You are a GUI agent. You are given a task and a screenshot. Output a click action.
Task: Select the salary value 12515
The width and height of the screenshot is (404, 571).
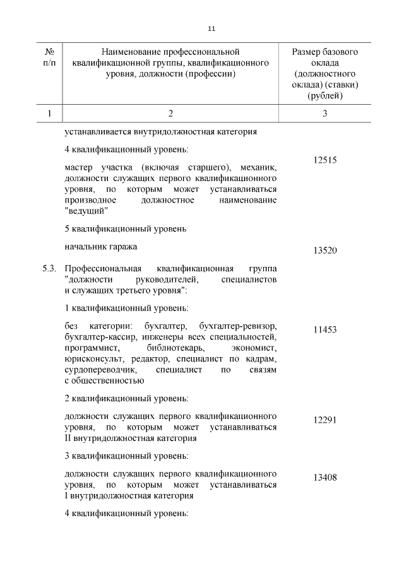point(325,160)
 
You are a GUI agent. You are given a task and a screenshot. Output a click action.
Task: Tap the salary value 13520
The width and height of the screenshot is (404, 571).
point(325,250)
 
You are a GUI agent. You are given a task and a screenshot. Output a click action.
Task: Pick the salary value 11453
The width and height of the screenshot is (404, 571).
point(325,329)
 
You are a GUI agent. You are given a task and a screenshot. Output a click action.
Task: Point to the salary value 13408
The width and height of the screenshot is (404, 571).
point(325,478)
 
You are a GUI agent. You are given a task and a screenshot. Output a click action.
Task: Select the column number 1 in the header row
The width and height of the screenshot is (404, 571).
point(49,114)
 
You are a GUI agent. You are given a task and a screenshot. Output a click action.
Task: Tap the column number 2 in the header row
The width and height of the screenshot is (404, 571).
point(170,114)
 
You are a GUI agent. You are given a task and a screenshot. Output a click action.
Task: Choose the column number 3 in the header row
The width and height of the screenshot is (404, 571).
point(325,114)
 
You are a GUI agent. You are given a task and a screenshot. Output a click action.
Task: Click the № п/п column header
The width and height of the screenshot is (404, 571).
point(49,56)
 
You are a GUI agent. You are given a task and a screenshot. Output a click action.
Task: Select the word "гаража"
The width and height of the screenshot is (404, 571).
point(122,246)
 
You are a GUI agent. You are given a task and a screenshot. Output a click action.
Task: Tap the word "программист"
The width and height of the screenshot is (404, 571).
point(91,348)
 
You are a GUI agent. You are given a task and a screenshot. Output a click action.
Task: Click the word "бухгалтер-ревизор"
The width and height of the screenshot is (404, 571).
point(237,326)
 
